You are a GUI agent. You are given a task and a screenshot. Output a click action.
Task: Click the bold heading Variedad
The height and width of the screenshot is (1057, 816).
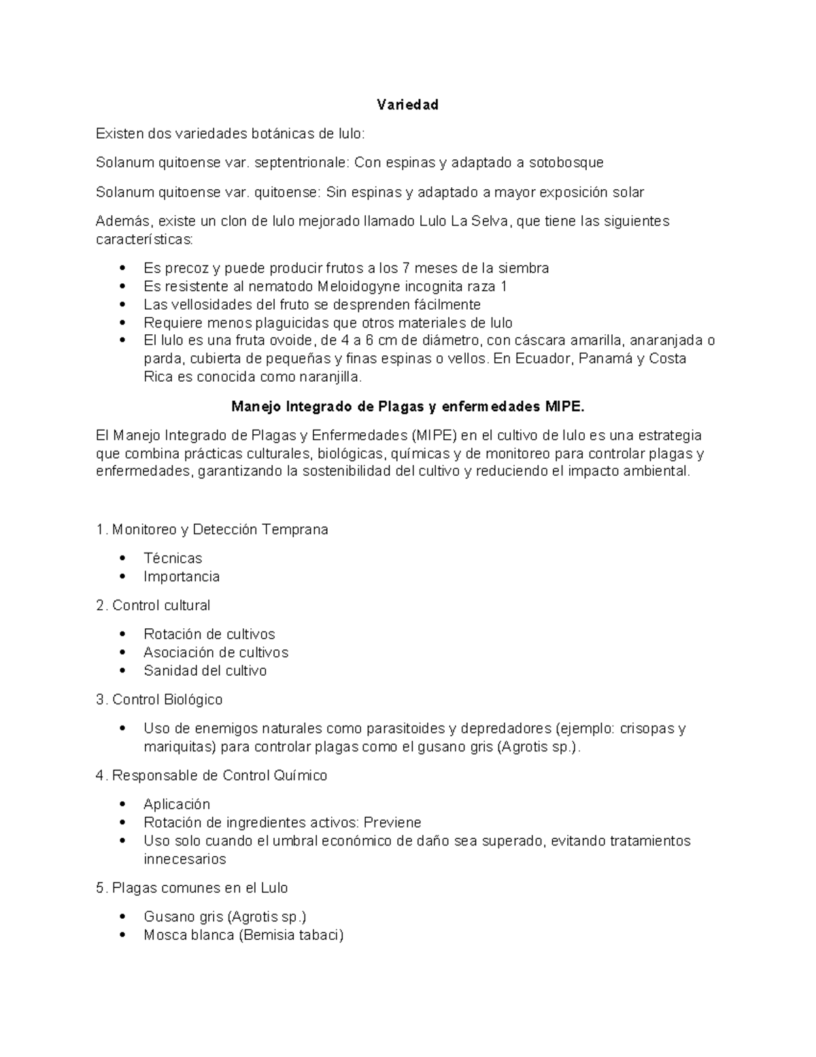pos(407,105)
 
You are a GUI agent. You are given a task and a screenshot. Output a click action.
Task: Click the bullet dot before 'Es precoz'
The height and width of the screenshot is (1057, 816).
pos(122,268)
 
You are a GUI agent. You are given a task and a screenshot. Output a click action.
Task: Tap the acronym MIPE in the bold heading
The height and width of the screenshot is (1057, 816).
pos(564,407)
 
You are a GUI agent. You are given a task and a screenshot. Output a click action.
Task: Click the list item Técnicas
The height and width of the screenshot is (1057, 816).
pos(173,559)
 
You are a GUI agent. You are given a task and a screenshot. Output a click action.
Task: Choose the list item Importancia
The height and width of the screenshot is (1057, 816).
pos(182,577)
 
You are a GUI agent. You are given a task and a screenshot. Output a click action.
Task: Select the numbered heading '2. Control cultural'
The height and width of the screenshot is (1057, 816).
pos(153,606)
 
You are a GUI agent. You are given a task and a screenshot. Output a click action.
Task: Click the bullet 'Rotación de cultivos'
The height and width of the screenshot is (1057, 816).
pos(209,634)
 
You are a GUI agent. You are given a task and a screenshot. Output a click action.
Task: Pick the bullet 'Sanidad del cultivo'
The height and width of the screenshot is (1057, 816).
pos(205,671)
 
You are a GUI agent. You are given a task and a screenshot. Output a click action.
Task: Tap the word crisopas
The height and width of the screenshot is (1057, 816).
pos(647,729)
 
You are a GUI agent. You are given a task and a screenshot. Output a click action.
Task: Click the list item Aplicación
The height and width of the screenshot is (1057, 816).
pos(177,804)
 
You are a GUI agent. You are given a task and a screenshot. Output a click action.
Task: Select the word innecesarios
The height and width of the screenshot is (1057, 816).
pos(184,860)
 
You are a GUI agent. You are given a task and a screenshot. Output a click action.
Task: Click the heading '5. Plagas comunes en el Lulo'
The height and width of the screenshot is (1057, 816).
pos(192,888)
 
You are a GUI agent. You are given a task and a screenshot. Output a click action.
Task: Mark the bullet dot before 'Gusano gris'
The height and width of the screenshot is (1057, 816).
pos(122,917)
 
